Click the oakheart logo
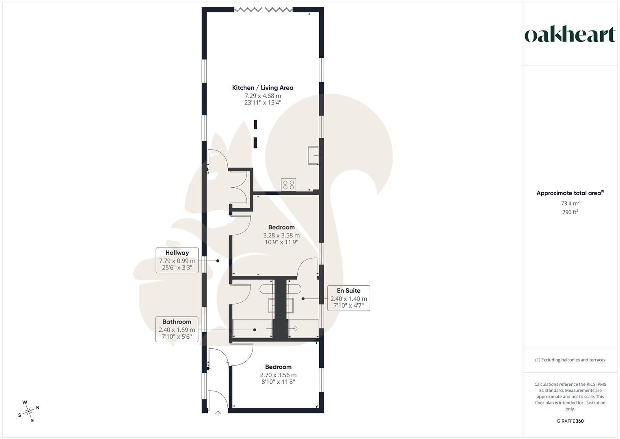click(570, 35)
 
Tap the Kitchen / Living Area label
click(263, 88)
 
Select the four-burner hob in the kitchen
click(289, 185)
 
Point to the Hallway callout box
click(177, 260)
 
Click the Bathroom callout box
click(177, 329)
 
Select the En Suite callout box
click(348, 298)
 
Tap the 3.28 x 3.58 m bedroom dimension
click(281, 235)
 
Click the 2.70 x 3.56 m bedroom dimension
click(278, 375)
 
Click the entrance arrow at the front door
click(218, 413)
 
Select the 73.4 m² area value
click(570, 203)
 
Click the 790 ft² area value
click(570, 212)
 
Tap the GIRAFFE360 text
click(570, 421)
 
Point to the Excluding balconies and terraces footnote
click(570, 360)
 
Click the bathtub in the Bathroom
click(252, 328)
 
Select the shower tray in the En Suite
click(303, 328)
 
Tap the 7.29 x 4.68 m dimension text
click(263, 96)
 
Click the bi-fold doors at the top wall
click(263, 10)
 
